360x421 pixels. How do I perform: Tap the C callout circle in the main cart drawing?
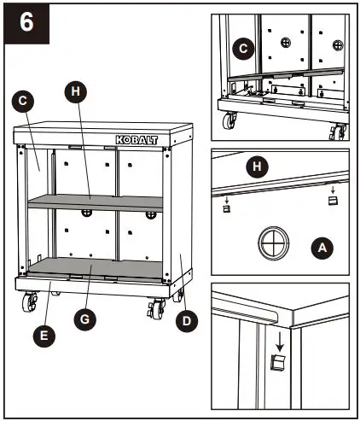click(x=24, y=99)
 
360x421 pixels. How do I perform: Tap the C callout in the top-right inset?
click(x=242, y=50)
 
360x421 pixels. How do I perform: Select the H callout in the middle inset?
click(x=254, y=166)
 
